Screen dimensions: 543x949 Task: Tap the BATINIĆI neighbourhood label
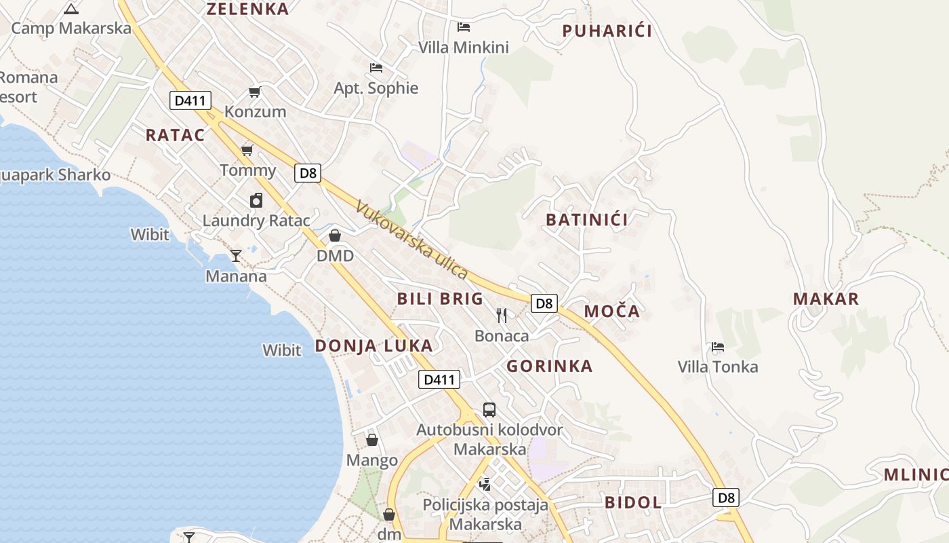coord(586,219)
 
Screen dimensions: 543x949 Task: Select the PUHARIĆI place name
coord(607,31)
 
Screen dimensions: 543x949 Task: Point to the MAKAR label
coord(826,299)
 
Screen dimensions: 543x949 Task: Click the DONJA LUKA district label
coord(373,345)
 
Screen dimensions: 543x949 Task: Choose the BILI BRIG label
coord(440,299)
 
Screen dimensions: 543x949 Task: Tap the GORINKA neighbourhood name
coord(550,367)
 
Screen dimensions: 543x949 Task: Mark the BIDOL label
coord(632,502)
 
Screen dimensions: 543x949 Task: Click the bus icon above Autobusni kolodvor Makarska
coord(489,409)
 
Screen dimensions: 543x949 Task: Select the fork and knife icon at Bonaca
coord(502,315)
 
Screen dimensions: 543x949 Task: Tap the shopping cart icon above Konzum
coord(255,92)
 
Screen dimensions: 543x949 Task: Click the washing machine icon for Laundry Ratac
coord(256,200)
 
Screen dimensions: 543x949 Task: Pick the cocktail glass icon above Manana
coord(236,255)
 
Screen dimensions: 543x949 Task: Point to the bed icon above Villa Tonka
coord(718,347)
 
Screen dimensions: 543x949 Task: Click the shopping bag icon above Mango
coord(372,440)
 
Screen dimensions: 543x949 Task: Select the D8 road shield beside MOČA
coord(544,303)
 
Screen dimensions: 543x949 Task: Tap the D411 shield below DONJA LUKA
coord(439,379)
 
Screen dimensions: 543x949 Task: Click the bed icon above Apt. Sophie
coord(376,67)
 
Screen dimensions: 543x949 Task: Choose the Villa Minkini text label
coord(464,48)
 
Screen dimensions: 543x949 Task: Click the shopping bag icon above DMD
coord(335,236)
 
